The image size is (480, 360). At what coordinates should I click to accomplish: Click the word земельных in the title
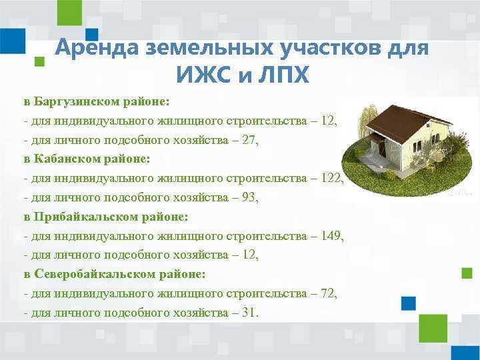click(x=206, y=49)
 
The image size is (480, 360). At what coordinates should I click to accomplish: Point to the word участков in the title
click(x=325, y=49)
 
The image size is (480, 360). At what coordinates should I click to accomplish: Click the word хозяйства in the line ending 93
click(x=203, y=198)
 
